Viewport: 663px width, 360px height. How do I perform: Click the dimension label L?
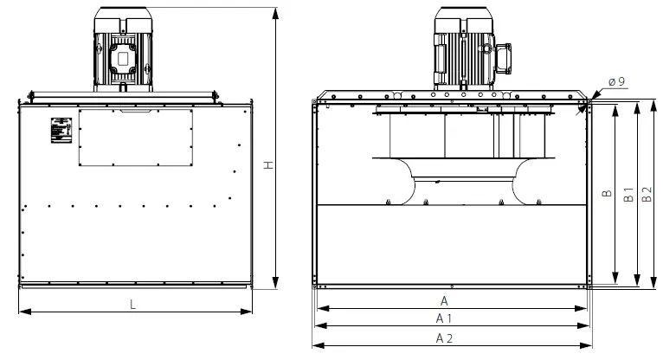(x=132, y=304)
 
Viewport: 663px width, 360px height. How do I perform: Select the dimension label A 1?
(x=445, y=318)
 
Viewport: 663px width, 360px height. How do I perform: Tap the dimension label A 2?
(x=445, y=337)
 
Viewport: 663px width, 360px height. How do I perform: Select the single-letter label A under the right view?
(x=445, y=299)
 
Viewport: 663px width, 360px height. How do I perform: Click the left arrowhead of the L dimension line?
(x=22, y=311)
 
